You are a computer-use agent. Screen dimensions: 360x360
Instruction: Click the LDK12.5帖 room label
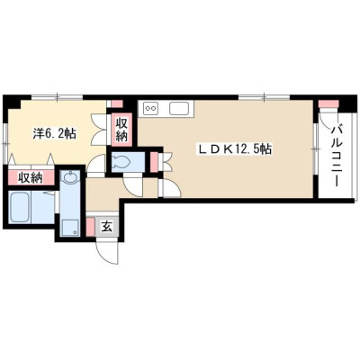click(x=234, y=148)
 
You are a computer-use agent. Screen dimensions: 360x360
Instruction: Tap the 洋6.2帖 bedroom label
click(x=54, y=133)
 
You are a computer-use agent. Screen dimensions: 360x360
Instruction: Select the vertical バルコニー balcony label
click(x=336, y=156)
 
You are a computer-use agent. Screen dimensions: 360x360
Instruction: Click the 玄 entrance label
click(x=107, y=227)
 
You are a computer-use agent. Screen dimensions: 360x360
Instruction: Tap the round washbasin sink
click(x=70, y=177)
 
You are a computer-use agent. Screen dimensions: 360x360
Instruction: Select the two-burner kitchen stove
click(x=150, y=108)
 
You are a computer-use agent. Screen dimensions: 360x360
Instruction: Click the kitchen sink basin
click(x=179, y=108)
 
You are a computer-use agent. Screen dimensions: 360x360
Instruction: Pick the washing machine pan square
click(x=70, y=228)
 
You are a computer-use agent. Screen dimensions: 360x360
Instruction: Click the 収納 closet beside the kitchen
click(x=121, y=130)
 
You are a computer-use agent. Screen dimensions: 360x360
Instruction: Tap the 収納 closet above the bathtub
click(x=31, y=178)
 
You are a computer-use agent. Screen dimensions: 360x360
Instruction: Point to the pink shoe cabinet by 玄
click(x=91, y=227)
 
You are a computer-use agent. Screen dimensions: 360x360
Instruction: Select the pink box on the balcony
click(x=328, y=104)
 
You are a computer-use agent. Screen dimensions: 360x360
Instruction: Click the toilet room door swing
click(x=133, y=187)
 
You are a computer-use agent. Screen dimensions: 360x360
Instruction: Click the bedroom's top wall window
click(x=57, y=96)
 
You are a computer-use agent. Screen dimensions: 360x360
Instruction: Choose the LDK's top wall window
click(x=265, y=96)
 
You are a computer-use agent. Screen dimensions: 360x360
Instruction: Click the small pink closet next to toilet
click(x=154, y=162)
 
